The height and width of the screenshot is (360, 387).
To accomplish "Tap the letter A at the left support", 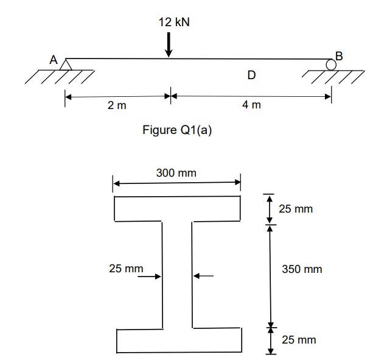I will point(54,60).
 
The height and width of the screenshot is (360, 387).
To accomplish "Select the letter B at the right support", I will point(339,56).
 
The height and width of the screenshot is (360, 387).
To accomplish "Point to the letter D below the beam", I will point(251,76).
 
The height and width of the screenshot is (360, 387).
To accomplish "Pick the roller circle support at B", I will point(331,64).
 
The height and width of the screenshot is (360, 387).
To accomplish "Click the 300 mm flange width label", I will point(176,173).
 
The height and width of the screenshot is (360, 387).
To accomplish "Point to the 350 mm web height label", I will point(302,269).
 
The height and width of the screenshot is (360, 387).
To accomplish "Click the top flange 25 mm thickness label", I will point(296,209).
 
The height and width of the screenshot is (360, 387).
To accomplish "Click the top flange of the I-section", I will point(176,208).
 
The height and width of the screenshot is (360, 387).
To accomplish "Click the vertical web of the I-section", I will point(178,274).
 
